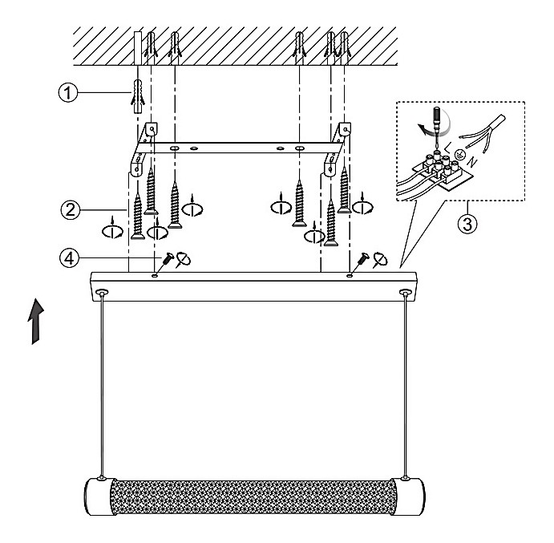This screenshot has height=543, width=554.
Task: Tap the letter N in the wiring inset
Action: pyautogui.click(x=475, y=162)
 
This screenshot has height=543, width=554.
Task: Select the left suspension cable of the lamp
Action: pyautogui.click(x=101, y=385)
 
